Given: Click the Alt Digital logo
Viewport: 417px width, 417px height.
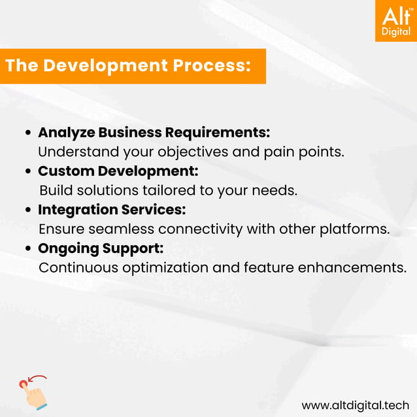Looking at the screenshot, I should (395, 21).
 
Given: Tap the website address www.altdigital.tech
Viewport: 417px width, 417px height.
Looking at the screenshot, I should (355, 404).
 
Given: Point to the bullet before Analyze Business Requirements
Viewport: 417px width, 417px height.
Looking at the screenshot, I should (29, 133).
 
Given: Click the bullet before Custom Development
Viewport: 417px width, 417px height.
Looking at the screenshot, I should (29, 171).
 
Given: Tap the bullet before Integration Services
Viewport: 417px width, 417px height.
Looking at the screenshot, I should (29, 210).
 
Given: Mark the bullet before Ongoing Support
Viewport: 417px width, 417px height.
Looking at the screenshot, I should (29, 249).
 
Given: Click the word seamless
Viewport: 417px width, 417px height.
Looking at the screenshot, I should (118, 229).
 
